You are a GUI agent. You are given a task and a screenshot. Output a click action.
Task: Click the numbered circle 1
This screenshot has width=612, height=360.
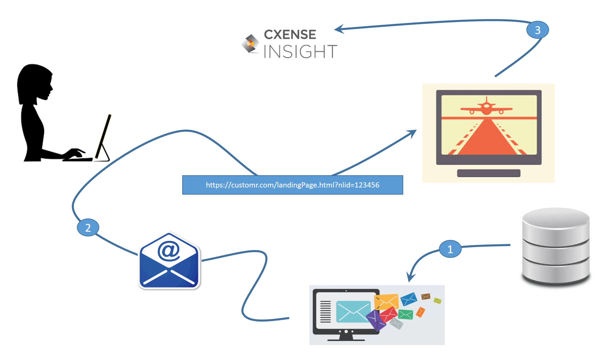(450, 249)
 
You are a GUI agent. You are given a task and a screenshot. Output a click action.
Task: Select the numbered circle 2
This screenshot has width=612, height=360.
(88, 228)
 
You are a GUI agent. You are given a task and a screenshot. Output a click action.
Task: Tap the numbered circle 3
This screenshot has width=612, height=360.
(538, 30)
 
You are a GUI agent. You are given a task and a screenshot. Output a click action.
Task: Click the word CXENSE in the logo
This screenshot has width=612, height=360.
(290, 34)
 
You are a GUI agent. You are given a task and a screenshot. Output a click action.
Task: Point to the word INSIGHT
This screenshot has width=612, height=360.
(300, 52)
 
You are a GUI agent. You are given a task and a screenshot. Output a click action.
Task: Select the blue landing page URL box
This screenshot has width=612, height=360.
(293, 185)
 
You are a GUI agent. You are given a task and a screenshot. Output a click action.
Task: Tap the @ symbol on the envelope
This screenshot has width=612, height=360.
(169, 251)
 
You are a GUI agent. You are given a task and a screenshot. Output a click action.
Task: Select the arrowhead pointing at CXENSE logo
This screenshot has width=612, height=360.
(340, 29)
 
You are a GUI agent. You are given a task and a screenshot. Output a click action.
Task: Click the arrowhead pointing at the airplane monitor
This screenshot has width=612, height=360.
(411, 133)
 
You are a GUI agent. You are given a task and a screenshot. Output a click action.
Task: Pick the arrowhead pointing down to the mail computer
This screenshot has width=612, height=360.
(411, 277)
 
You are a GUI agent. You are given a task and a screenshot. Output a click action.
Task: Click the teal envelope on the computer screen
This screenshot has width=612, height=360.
(353, 311)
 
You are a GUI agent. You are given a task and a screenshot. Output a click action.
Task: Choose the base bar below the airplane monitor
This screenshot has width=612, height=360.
(489, 173)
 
